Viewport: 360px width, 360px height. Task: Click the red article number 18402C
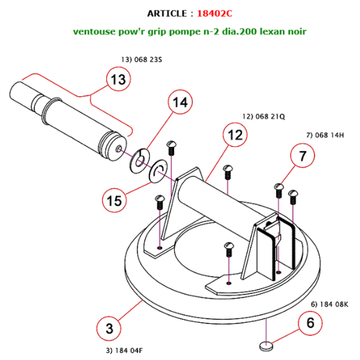215,13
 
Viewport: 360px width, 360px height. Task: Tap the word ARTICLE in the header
168,13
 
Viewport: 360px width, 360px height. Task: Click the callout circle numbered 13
119,79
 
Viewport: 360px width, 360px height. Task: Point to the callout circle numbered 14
180,103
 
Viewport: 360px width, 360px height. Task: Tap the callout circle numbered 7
303,156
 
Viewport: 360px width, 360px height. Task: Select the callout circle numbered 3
109,328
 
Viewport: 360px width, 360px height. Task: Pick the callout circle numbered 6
310,322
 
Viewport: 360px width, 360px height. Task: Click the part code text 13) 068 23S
136,60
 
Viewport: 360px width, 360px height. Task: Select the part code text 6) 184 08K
329,304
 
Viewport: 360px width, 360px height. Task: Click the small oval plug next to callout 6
265,346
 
